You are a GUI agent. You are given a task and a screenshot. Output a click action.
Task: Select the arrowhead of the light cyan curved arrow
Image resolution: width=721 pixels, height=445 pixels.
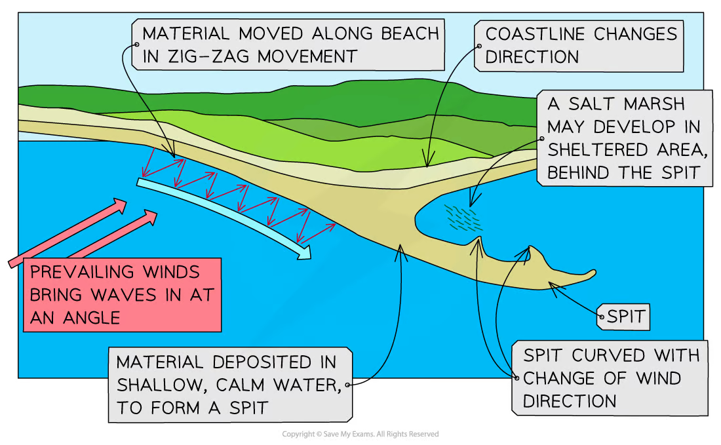click(303, 251)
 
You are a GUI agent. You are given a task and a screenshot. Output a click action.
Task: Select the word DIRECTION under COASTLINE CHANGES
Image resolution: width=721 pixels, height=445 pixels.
click(532, 56)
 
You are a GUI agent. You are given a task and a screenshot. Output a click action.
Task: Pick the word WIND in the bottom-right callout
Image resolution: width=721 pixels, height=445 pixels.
click(658, 379)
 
